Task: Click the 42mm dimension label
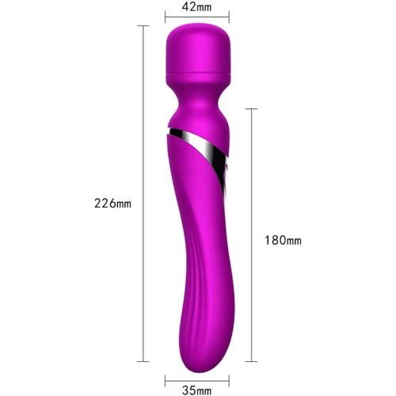point(196,7)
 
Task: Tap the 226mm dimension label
point(112,204)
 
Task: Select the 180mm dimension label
point(283,241)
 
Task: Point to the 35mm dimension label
point(197,390)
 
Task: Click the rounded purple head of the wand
point(198,49)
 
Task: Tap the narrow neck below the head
point(198,100)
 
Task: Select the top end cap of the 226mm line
point(143,26)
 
